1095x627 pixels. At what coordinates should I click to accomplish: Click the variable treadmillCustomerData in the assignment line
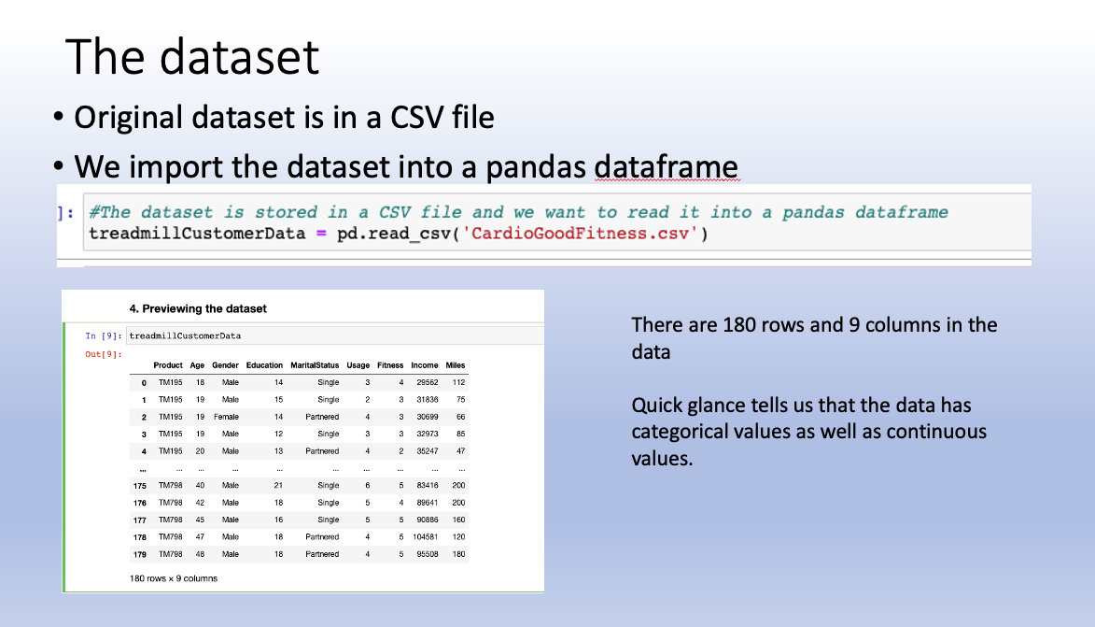(x=197, y=233)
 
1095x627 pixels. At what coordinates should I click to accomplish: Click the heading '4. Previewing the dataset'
(x=198, y=308)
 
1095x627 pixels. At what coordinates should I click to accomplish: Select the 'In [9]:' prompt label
(x=104, y=335)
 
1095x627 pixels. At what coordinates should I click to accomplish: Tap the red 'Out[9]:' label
(x=104, y=353)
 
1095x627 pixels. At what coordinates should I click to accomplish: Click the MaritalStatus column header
(x=315, y=364)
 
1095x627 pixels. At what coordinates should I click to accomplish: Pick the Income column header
(x=425, y=364)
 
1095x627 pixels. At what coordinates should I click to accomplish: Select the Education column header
(x=264, y=364)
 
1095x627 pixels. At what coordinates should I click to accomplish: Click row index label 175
(x=141, y=485)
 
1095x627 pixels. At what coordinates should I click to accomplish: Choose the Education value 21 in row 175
(x=278, y=485)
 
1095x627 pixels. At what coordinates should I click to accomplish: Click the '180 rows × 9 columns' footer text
(x=174, y=577)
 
